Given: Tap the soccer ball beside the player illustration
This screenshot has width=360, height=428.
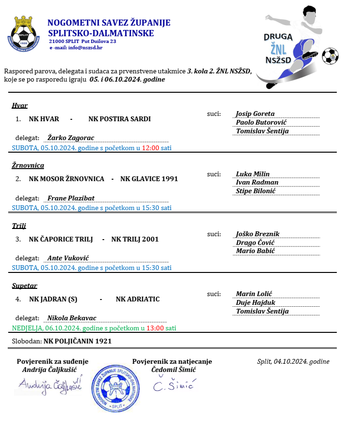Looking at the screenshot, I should coord(330,56).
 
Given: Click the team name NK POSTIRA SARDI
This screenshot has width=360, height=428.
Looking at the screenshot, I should coord(119,119).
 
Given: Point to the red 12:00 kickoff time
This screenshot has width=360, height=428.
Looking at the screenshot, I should coord(150,148).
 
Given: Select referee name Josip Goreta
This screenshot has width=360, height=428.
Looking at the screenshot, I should coord(255,114).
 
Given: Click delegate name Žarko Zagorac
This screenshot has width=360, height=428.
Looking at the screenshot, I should coord(71,137).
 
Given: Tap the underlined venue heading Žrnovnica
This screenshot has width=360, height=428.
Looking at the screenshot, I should coord(28,165).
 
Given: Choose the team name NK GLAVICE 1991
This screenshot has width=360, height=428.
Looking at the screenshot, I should coord(149,179).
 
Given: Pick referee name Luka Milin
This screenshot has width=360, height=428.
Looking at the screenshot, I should coord(253,174).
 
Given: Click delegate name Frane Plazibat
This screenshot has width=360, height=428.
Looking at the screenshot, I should coord(71,198).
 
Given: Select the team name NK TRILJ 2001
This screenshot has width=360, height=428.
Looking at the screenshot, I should coord(135,239).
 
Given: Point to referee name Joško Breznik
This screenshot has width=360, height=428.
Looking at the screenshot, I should coord(258,234).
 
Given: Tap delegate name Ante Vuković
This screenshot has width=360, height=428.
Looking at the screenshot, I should coord(68,258).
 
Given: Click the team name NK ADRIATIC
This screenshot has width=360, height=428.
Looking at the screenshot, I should coord(137,299).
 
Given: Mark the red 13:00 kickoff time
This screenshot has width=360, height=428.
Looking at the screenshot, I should coord(155,328).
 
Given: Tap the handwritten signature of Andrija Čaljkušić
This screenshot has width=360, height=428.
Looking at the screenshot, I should coord(50,385).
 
